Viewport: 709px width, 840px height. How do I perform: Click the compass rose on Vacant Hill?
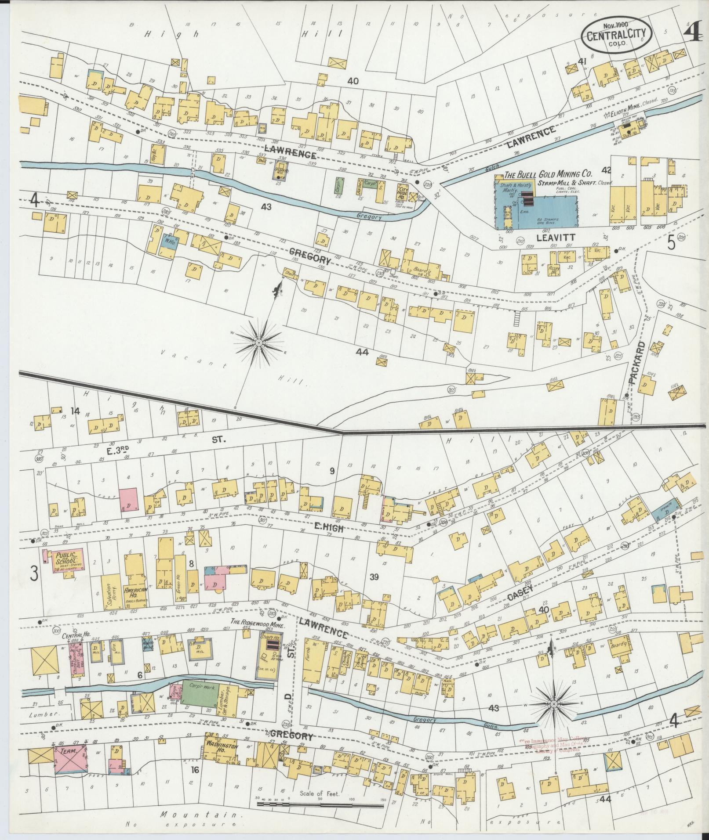259,341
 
